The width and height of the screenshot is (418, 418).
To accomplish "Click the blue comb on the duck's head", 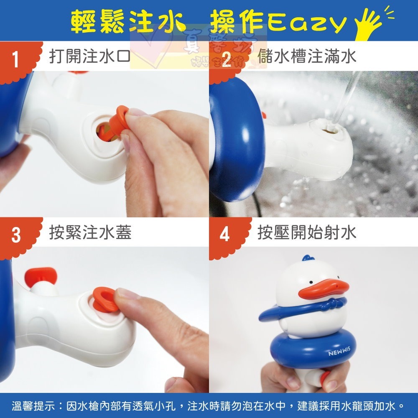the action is (x=308, y=259).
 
